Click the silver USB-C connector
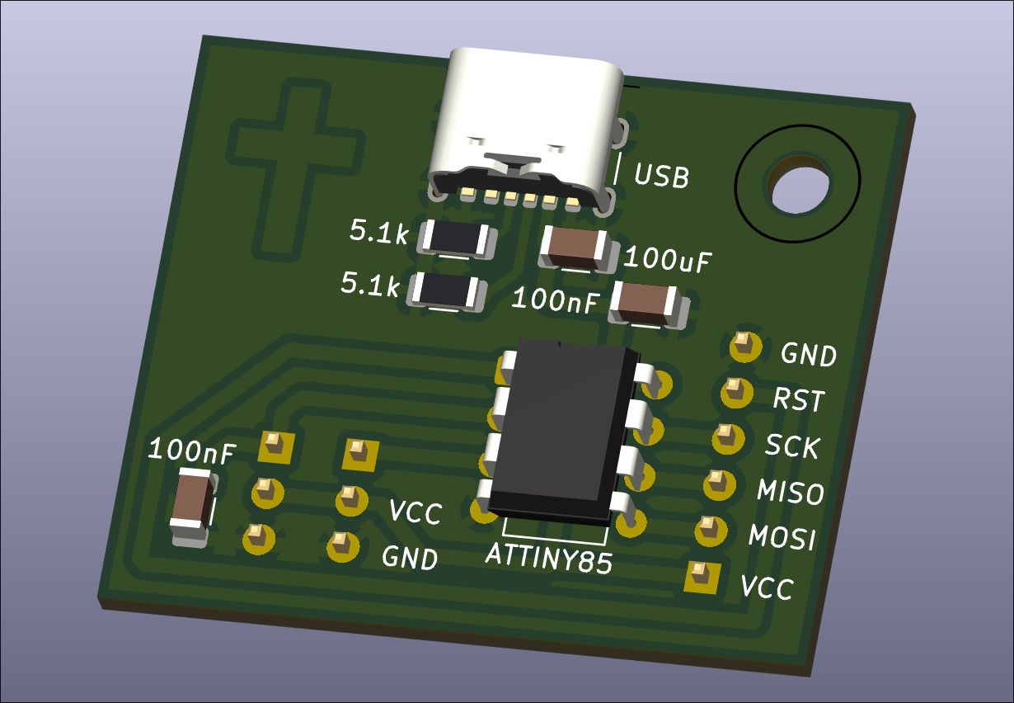[x=525, y=131]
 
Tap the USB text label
[x=661, y=176]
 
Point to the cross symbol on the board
[x=294, y=167]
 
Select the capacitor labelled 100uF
[x=579, y=249]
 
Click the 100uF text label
[x=668, y=260]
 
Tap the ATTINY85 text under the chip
[x=549, y=558]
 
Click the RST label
[x=799, y=399]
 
